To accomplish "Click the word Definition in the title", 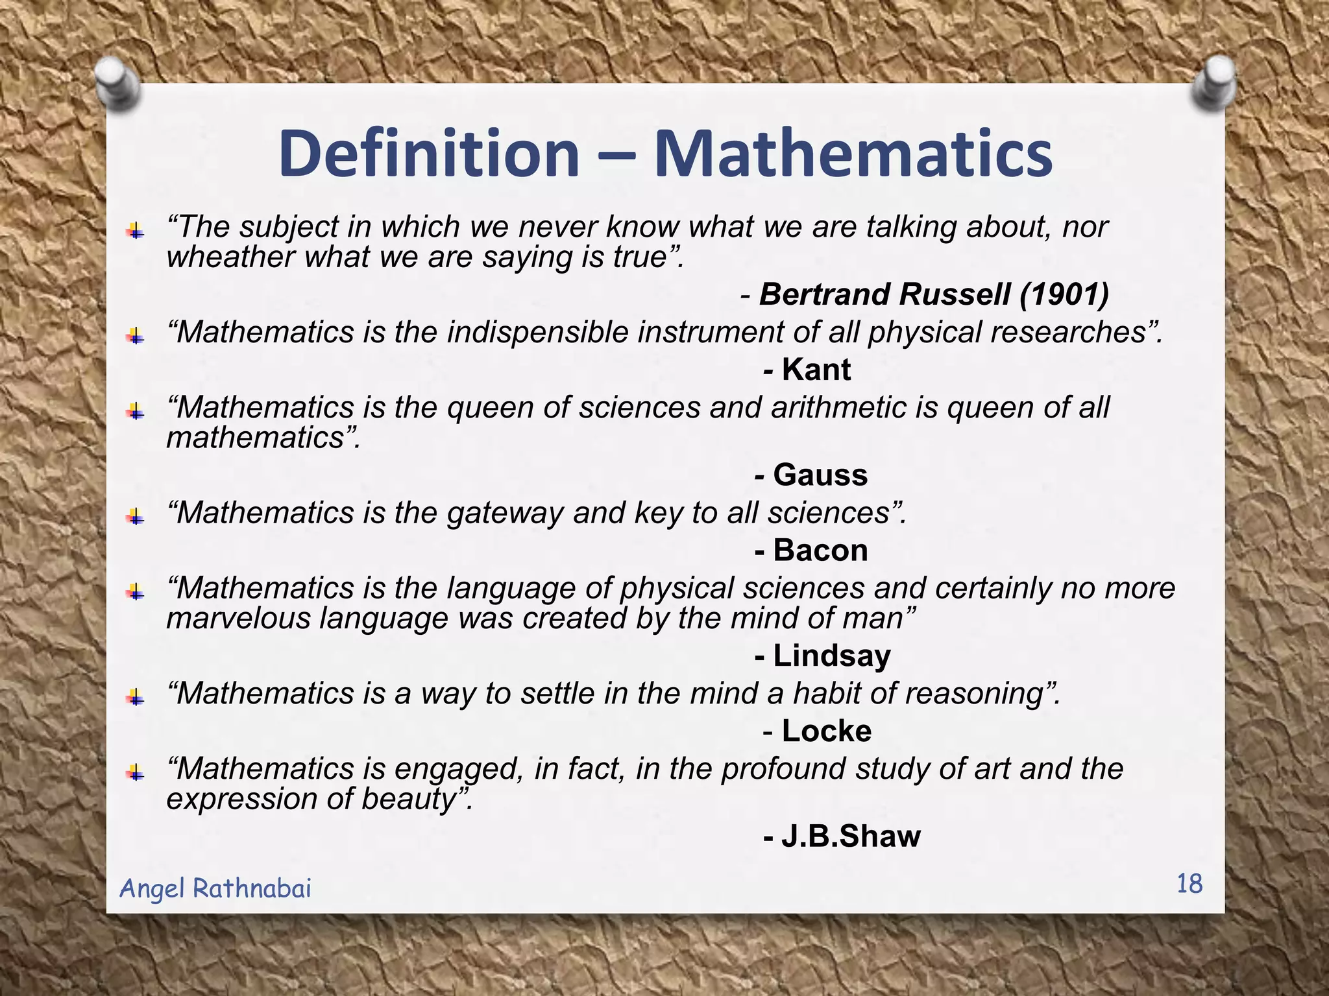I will (x=428, y=154).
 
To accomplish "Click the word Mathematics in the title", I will (x=853, y=154).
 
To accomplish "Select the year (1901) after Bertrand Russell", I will (x=1064, y=294).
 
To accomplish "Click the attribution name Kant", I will (x=816, y=370).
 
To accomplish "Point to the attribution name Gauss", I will (x=820, y=475).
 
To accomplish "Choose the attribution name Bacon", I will (x=820, y=551).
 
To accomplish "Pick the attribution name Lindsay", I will (x=832, y=656).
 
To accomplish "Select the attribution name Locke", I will (x=826, y=731).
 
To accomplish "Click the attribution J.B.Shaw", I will (x=850, y=836).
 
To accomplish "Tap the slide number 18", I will (x=1189, y=884).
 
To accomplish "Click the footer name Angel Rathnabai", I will (x=215, y=888).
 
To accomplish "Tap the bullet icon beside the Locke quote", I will (x=136, y=698).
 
